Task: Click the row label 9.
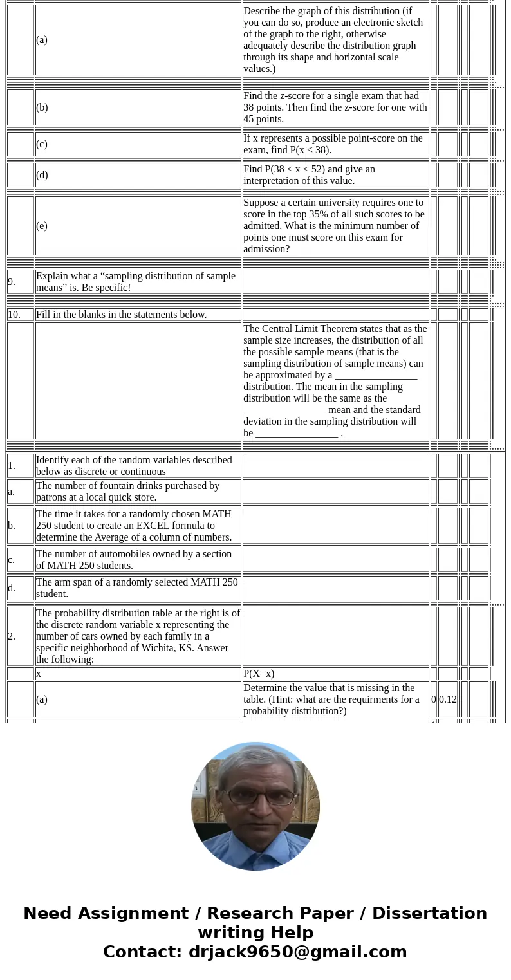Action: pos(12,282)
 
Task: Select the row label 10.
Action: pos(14,315)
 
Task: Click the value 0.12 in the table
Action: pos(448,699)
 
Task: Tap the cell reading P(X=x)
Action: pos(259,674)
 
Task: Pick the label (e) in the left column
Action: pos(42,226)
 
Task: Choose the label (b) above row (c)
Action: pos(42,107)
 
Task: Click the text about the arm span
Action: pos(137,587)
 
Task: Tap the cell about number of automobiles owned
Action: pos(137,560)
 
